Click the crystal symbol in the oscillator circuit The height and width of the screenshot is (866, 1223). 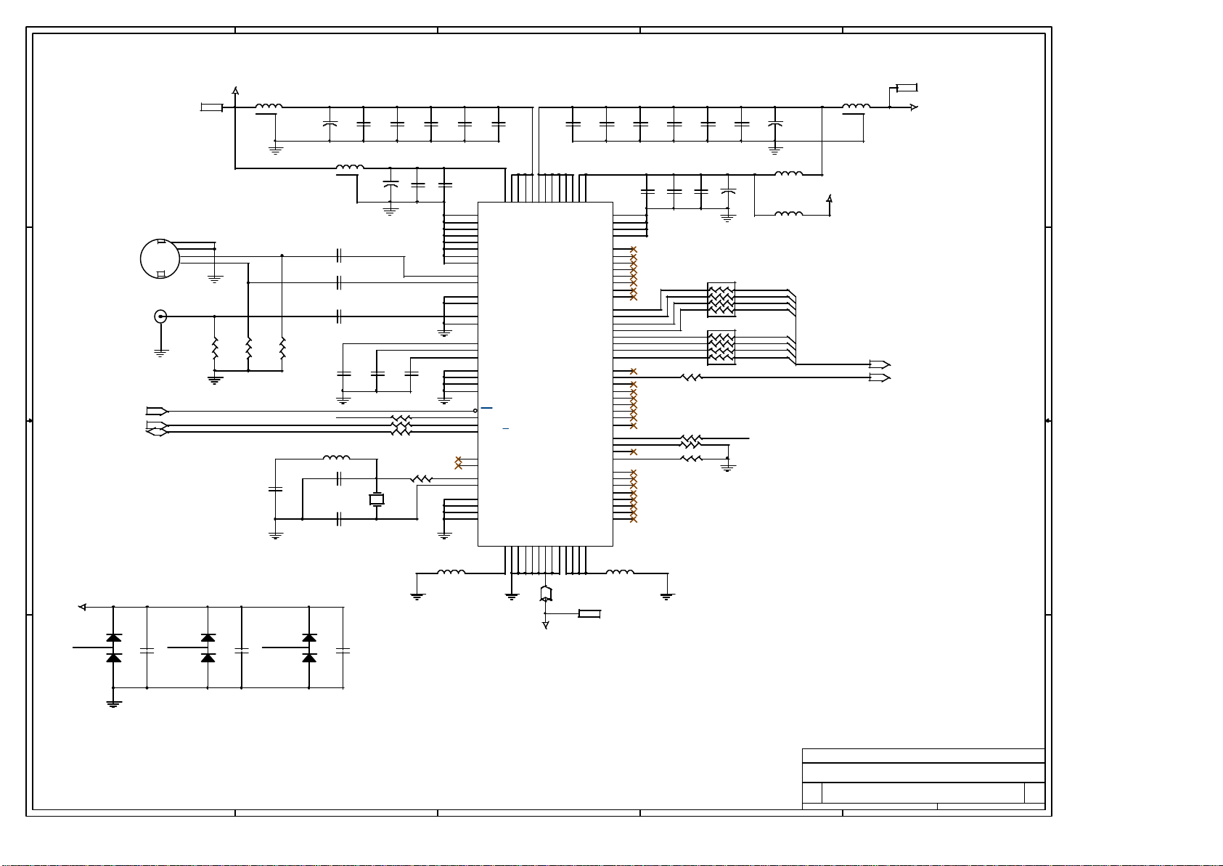[377, 499]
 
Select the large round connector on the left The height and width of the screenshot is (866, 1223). [160, 258]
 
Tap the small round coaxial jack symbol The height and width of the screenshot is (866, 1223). [160, 316]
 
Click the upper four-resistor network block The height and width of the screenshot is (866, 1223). [721, 300]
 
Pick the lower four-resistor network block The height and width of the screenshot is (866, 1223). [721, 348]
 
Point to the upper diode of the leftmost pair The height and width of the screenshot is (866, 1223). [113, 637]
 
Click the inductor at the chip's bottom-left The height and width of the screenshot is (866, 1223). [451, 573]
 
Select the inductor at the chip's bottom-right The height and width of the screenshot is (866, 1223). [619, 573]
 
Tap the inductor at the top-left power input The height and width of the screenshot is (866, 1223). [269, 107]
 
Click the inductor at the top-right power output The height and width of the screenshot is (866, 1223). [856, 107]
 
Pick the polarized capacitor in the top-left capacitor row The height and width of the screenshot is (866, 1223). [330, 124]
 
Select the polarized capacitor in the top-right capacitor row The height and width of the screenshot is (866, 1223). [775, 124]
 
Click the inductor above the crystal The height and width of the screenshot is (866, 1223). [336, 458]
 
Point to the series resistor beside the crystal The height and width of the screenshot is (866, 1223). [421, 479]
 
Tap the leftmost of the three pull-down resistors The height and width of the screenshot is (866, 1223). [215, 348]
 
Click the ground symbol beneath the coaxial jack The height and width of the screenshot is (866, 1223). [161, 353]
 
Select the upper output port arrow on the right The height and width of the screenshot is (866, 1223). [880, 364]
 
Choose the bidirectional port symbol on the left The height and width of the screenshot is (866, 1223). [157, 432]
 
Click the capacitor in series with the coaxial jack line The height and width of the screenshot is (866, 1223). [339, 316]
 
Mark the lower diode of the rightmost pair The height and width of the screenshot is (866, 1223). [309, 658]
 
